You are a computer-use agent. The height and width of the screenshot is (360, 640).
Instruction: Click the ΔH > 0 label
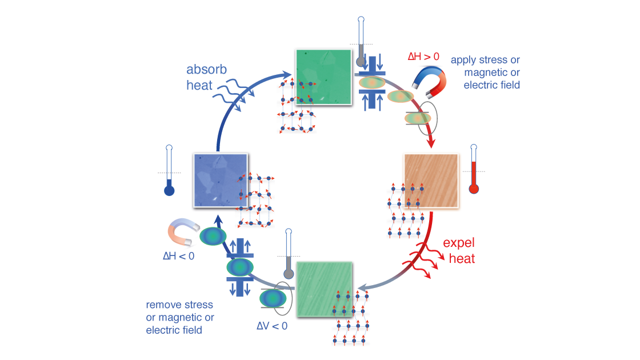pos(424,57)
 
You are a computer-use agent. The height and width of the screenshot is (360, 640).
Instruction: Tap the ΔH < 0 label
pos(178,256)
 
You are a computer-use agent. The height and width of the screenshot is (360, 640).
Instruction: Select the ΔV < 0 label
pos(271,326)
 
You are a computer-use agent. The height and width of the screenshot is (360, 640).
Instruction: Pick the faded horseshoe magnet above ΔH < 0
pos(182,231)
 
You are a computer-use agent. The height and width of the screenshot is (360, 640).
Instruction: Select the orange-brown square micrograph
pos(431,181)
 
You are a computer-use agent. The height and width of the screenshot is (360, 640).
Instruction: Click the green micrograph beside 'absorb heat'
pos(323,77)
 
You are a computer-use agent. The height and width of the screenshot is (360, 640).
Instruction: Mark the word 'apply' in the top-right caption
pos(462,60)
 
